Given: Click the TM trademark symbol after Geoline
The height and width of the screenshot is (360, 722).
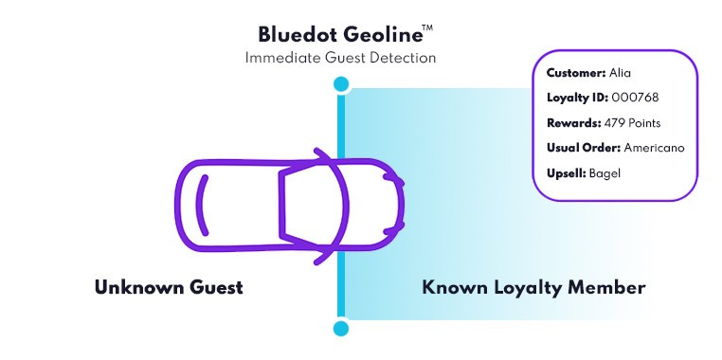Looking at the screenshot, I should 427,28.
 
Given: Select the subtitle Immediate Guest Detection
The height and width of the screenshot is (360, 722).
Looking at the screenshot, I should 340,59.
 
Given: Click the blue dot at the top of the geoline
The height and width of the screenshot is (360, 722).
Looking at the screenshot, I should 341,85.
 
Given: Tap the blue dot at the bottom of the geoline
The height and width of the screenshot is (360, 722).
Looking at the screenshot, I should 341,329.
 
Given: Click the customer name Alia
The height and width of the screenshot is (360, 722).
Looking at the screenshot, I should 621,73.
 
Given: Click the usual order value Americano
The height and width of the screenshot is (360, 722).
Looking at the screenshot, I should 654,149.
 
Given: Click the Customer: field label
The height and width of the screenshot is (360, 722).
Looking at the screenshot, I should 576,73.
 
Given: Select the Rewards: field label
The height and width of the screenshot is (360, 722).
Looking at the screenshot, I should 572,123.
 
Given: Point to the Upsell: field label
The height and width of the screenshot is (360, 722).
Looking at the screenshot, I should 566,173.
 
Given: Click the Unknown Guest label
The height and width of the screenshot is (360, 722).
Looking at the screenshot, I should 169,287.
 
